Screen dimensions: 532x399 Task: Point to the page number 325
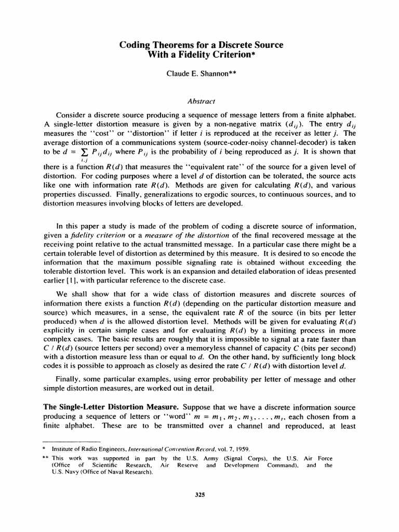click(x=200, y=495)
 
